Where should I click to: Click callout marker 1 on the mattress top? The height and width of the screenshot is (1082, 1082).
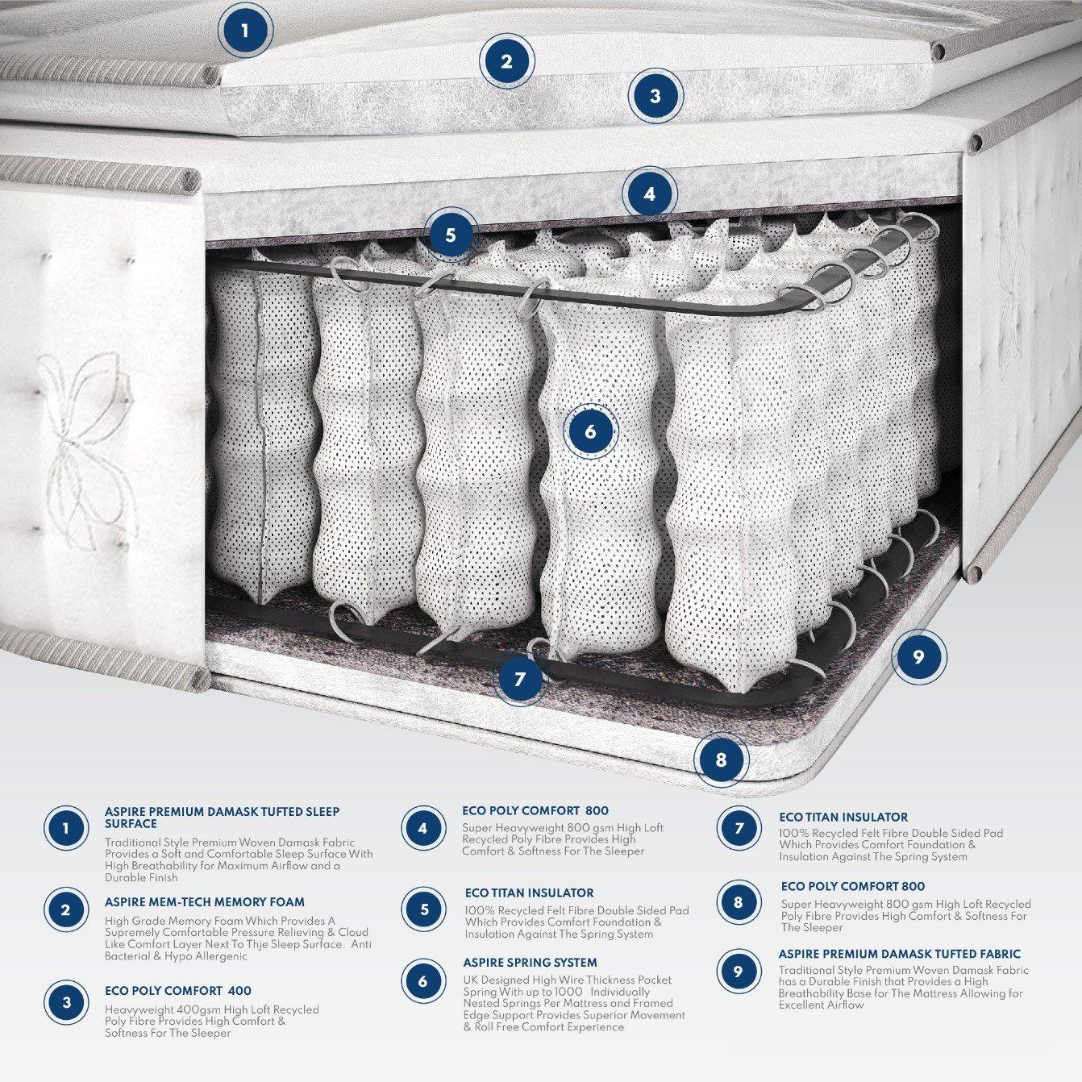click(x=245, y=31)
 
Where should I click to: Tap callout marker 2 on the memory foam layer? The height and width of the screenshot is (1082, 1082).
click(x=506, y=61)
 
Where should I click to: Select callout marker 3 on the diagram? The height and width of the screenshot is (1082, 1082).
click(x=655, y=96)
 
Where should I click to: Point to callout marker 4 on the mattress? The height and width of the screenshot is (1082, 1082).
click(x=649, y=194)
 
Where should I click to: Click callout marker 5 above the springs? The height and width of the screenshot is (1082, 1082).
click(x=450, y=235)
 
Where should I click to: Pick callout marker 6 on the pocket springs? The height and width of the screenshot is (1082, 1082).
click(x=590, y=431)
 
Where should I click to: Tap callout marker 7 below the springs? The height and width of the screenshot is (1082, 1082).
click(x=519, y=679)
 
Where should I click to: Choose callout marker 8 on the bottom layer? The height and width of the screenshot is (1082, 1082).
click(x=721, y=759)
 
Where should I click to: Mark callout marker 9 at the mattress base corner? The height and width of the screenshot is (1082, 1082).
click(x=918, y=656)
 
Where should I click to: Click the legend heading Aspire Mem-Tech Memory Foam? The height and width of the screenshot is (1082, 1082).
click(x=204, y=902)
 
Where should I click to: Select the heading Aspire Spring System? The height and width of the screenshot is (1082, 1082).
click(x=530, y=963)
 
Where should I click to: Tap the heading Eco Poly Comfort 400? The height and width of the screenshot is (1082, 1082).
click(x=177, y=991)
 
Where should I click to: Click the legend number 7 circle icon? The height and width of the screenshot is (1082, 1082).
click(x=739, y=828)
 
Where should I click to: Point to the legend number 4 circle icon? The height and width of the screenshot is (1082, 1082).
click(x=422, y=828)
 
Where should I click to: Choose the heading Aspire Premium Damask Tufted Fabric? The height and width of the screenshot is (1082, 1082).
click(x=899, y=954)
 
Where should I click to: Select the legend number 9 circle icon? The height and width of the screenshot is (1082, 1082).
click(x=738, y=972)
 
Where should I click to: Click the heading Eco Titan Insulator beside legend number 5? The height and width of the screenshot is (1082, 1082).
click(x=529, y=893)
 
